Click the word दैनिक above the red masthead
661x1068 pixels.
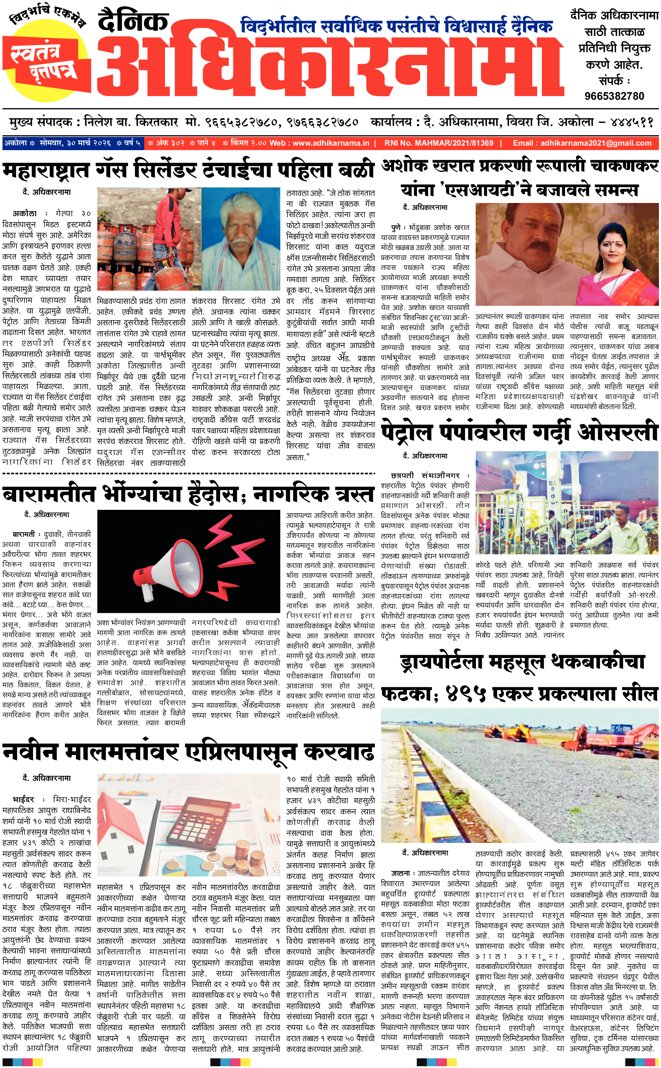point(133,22)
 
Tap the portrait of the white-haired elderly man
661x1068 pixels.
point(241,240)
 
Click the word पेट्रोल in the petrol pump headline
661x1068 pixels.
point(407,432)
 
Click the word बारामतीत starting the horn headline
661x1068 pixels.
point(49,494)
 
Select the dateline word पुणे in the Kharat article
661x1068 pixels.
point(396,227)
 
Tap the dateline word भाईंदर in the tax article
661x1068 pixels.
point(23,799)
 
